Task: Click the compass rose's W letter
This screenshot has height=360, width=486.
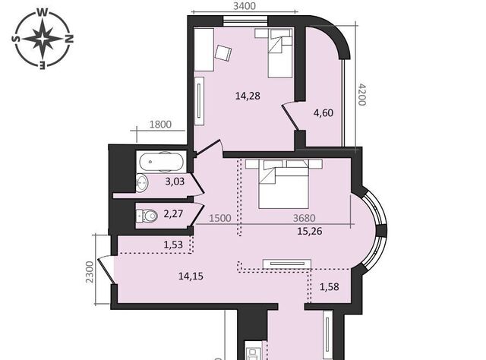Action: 43,12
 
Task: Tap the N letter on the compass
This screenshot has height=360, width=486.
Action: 69,39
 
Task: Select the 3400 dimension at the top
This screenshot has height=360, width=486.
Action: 245,5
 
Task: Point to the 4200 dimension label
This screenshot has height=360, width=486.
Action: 362,94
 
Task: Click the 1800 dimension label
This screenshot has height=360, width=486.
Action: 160,125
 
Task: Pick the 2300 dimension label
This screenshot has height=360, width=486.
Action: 90,272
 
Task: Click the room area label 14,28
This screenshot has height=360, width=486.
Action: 248,96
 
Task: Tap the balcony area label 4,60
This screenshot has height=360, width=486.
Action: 323,112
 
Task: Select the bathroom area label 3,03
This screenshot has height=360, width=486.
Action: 175,182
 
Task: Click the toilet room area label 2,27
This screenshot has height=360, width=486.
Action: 173,213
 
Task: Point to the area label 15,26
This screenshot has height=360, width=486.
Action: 310,231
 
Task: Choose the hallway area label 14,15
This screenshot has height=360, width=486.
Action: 191,276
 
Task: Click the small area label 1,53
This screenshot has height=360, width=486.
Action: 173,245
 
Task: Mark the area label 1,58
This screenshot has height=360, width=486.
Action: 329,287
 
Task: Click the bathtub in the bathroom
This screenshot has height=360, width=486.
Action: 161,162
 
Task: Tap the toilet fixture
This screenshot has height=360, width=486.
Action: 147,215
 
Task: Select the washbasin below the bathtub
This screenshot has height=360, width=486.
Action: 142,183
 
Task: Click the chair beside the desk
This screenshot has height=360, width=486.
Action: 223,54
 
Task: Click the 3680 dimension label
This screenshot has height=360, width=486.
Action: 304,218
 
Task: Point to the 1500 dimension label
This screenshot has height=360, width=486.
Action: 220,218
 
